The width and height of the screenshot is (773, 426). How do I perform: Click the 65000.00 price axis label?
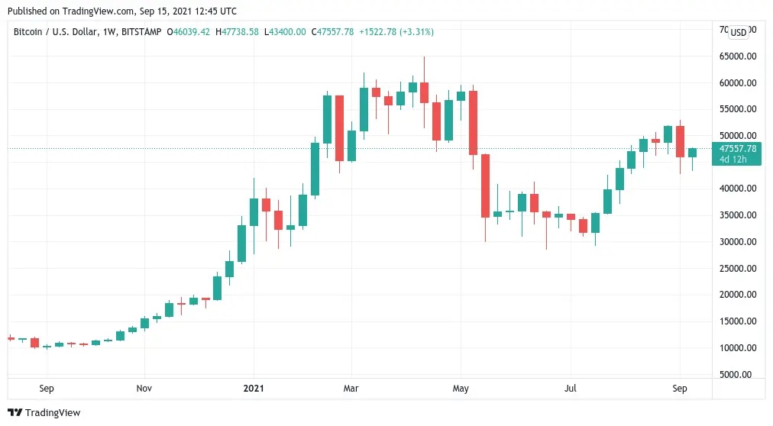pyautogui.click(x=734, y=56)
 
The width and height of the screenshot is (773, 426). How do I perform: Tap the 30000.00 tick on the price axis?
pyautogui.click(x=734, y=242)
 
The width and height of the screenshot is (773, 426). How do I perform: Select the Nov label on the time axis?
pyautogui.click(x=144, y=389)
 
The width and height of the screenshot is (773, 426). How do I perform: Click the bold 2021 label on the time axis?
pyautogui.click(x=254, y=389)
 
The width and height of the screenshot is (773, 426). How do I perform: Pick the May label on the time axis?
pyautogui.click(x=461, y=389)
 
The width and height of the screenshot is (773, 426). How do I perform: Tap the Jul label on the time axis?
pyautogui.click(x=571, y=389)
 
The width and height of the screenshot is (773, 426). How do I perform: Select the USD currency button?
pyautogui.click(x=738, y=32)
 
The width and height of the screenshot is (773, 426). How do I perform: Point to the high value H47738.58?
pyautogui.click(x=238, y=32)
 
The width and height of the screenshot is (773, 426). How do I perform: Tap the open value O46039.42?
pyautogui.click(x=188, y=32)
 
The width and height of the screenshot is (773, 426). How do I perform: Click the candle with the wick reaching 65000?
pyautogui.click(x=424, y=92)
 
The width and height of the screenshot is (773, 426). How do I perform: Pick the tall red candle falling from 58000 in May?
pyautogui.click(x=473, y=122)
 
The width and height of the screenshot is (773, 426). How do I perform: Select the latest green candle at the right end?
pyautogui.click(x=692, y=153)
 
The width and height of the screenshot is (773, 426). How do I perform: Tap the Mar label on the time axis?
pyautogui.click(x=351, y=389)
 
